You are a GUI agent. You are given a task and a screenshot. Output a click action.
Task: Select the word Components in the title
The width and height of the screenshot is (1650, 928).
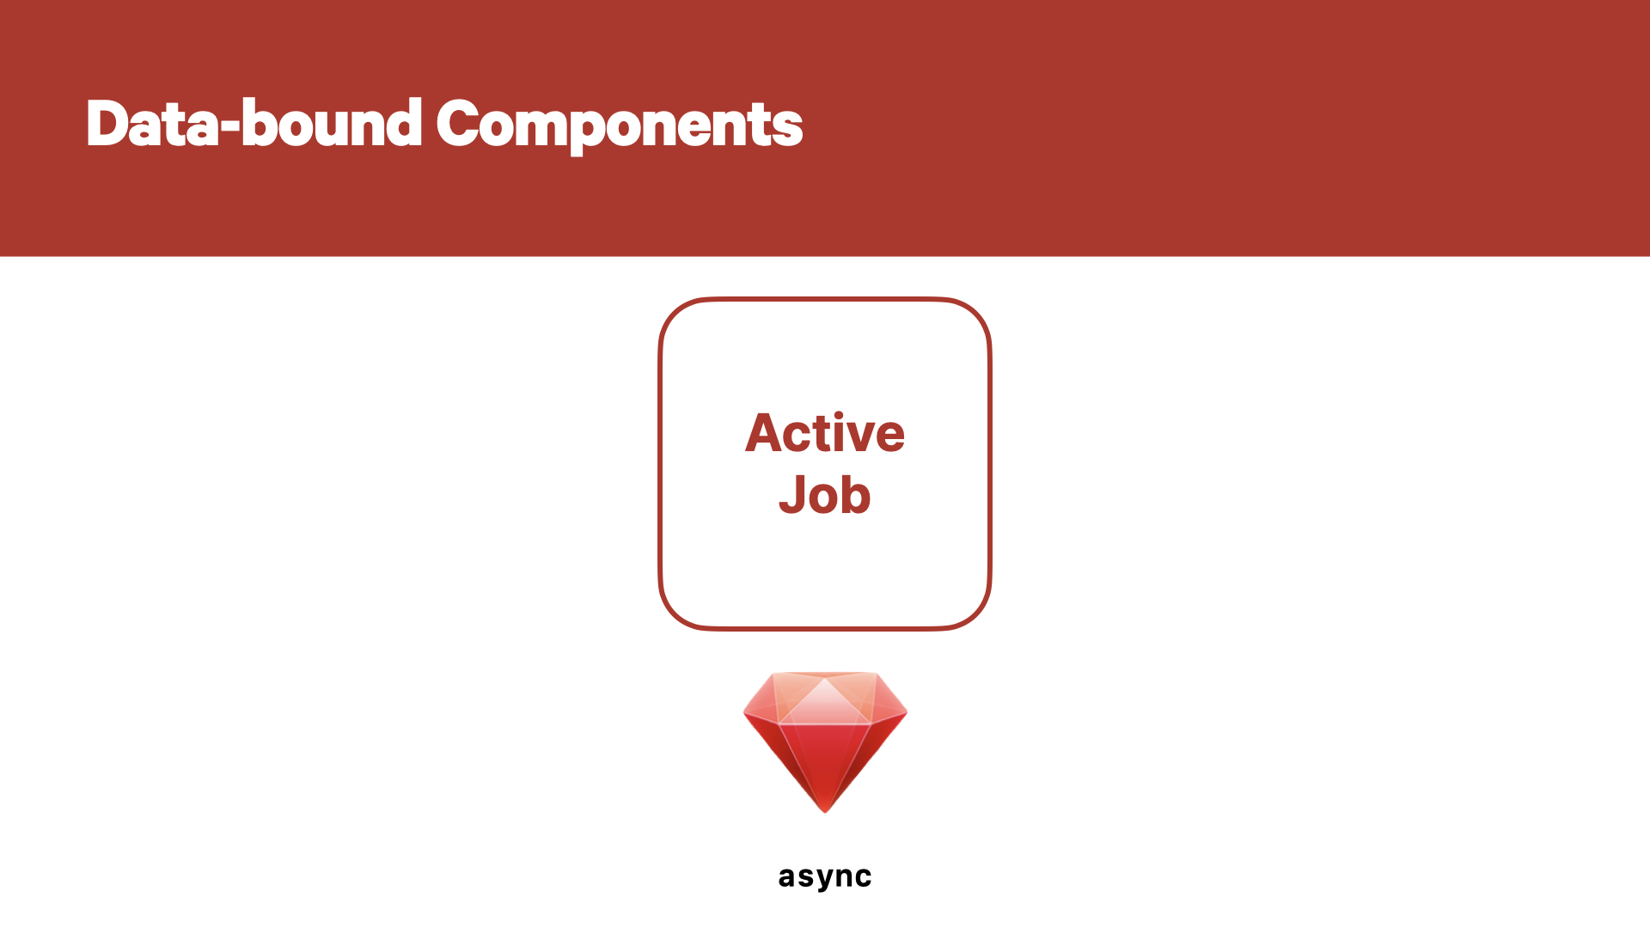[x=620, y=125]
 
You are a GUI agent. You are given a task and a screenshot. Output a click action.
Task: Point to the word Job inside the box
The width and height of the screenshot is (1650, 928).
[x=825, y=495]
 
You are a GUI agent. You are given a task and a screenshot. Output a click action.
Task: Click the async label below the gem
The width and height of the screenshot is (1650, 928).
[x=825, y=877]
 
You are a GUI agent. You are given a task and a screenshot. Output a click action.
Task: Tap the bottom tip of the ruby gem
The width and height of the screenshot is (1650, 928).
[x=825, y=812]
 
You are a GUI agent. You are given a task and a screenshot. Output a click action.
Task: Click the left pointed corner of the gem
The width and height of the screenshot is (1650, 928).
[x=745, y=712]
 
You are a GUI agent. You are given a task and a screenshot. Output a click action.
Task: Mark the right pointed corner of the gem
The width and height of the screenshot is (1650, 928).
[x=906, y=712]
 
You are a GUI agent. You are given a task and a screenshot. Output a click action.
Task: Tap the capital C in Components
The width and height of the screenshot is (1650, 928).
[x=460, y=124]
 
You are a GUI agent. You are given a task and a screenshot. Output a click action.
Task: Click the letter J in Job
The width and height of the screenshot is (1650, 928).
[x=792, y=496]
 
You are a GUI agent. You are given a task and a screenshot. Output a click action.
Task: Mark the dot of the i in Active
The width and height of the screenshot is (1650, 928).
[x=839, y=414]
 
